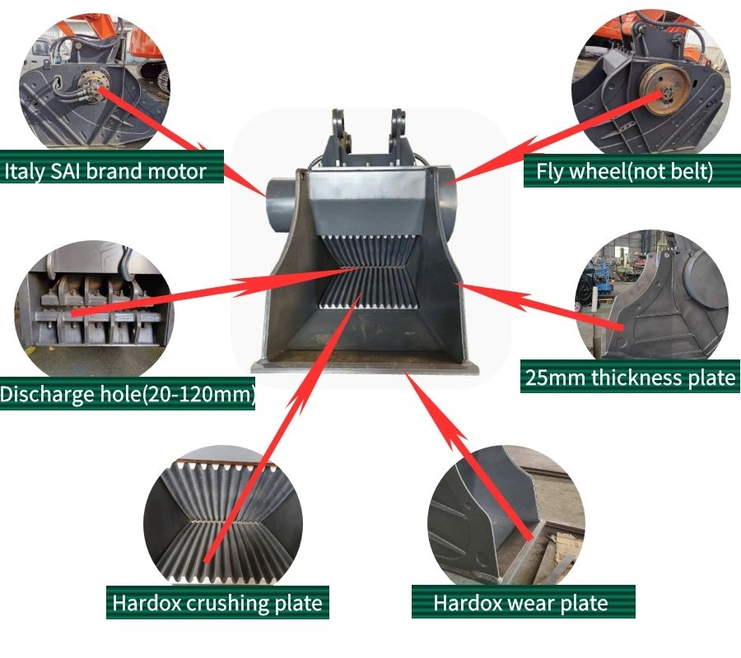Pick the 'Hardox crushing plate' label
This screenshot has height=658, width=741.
click(217, 602)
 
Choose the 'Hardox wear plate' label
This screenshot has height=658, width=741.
click(521, 602)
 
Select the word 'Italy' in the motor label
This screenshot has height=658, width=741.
click(25, 171)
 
